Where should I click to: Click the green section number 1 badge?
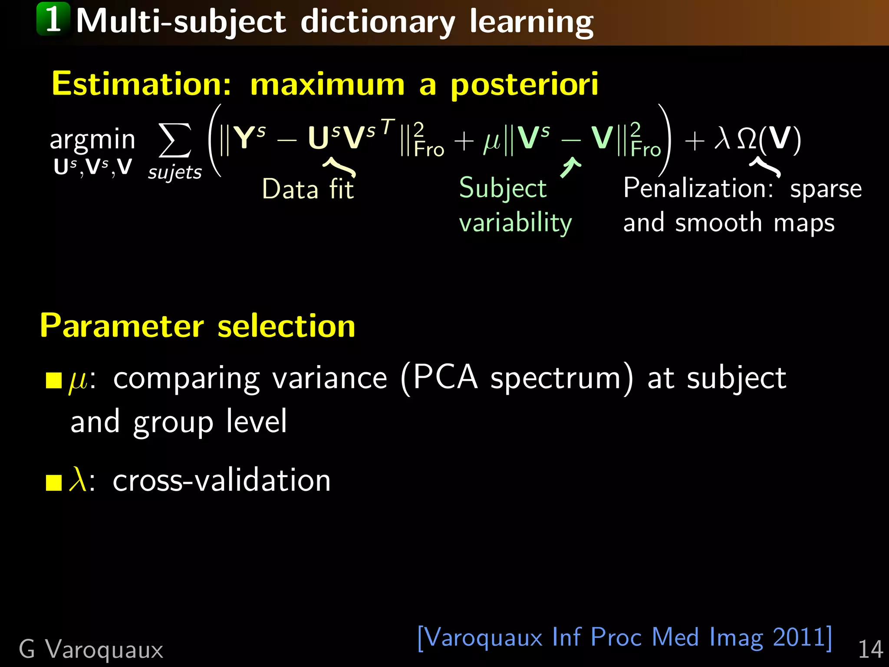[x=53, y=19]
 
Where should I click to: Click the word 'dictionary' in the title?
[x=378, y=22]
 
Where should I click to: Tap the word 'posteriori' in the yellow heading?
[x=524, y=84]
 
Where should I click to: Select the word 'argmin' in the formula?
[x=92, y=140]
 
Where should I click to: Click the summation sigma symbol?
[x=175, y=140]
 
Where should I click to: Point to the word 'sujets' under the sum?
[x=175, y=172]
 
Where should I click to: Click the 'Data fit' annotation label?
[x=308, y=189]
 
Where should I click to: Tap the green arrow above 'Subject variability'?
[x=570, y=167]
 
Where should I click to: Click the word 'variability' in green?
[x=515, y=223]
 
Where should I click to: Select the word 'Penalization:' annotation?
[x=698, y=188]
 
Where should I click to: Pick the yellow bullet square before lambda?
[x=54, y=482]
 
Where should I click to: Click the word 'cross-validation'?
[x=221, y=481]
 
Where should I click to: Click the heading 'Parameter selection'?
[x=198, y=326]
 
